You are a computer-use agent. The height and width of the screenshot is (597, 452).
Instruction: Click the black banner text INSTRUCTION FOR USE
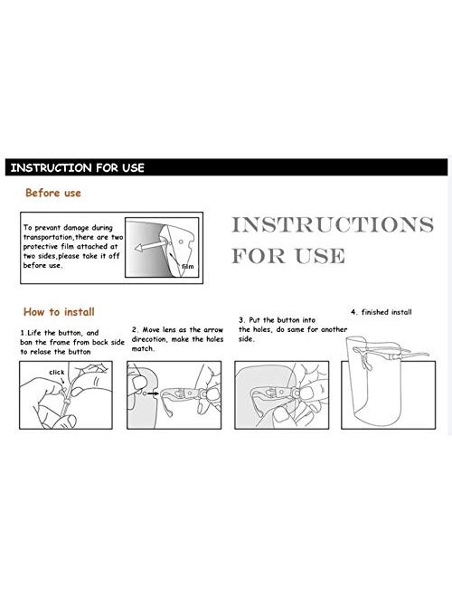[x=77, y=167]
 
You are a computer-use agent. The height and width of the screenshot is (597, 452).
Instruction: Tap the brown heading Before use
[x=53, y=193]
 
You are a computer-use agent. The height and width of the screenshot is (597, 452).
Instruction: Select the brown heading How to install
[x=59, y=312]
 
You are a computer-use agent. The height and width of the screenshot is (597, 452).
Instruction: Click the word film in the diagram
[x=187, y=267]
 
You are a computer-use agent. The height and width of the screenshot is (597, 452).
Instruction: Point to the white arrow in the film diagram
[x=150, y=245]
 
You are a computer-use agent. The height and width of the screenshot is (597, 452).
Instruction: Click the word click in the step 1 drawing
[x=57, y=372]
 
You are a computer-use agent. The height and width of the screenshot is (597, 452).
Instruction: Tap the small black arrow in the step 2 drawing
[x=153, y=393]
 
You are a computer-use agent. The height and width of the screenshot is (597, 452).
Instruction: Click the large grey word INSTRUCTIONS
[x=333, y=224]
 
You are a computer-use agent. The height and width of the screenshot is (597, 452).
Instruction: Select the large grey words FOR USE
[x=288, y=255]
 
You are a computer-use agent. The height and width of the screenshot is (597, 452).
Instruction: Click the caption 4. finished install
[x=381, y=312]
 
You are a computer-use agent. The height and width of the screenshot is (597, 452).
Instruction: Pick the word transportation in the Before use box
[x=48, y=237]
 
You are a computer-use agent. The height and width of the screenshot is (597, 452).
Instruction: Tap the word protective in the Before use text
[x=41, y=247]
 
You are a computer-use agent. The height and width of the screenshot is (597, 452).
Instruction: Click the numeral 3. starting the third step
[x=242, y=320]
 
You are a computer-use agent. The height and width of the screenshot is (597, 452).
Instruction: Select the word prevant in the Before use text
[x=48, y=228]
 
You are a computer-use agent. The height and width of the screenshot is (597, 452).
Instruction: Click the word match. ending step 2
[x=143, y=349]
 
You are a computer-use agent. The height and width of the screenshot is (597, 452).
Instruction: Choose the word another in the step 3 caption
[x=334, y=329]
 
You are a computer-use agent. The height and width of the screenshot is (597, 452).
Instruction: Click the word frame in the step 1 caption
[x=60, y=342]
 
